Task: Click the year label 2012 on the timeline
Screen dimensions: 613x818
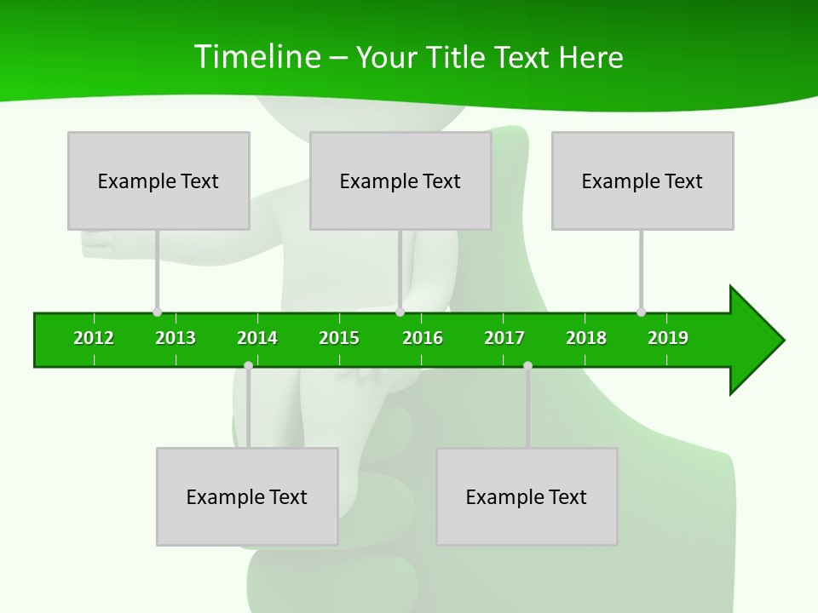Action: pyautogui.click(x=94, y=338)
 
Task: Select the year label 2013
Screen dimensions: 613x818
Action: pyautogui.click(x=176, y=338)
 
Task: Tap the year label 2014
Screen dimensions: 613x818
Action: pyautogui.click(x=257, y=338)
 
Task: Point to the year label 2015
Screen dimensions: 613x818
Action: pyautogui.click(x=339, y=338)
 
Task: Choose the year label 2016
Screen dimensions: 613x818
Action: pyautogui.click(x=423, y=338)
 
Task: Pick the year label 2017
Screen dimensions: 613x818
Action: pyautogui.click(x=504, y=338)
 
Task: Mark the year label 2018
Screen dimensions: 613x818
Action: pyautogui.click(x=586, y=338)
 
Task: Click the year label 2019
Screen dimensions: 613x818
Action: pyautogui.click(x=668, y=338)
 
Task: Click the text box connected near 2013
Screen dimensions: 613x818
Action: pyautogui.click(x=158, y=180)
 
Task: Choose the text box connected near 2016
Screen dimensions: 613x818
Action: pyautogui.click(x=400, y=180)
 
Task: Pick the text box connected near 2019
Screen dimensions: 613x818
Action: pyautogui.click(x=642, y=180)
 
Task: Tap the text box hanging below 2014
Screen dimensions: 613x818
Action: pyautogui.click(x=247, y=496)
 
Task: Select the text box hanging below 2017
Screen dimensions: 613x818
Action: pyautogui.click(x=527, y=496)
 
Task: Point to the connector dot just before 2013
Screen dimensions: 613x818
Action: pyautogui.click(x=157, y=312)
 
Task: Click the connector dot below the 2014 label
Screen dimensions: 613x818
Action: pyautogui.click(x=248, y=365)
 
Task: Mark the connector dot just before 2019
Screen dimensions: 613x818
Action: pyautogui.click(x=641, y=312)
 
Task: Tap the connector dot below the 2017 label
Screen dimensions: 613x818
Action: pyautogui.click(x=527, y=365)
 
